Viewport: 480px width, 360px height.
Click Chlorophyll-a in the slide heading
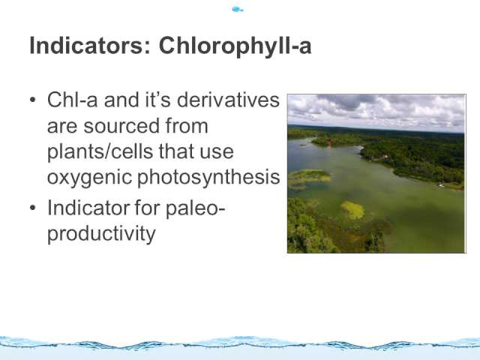coord(235,46)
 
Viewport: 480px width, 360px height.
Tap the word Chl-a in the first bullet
coord(72,100)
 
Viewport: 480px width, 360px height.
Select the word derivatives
coord(228,100)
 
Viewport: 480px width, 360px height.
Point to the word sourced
coord(121,126)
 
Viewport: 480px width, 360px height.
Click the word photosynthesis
coord(208,178)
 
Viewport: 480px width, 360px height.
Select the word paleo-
coord(195,208)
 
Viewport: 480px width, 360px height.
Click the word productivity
coord(101,234)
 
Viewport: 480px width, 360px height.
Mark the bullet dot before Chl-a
coord(33,100)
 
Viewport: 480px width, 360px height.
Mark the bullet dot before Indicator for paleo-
coord(33,208)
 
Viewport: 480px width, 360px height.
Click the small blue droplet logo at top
coord(238,9)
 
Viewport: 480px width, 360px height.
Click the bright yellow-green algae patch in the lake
coord(353,210)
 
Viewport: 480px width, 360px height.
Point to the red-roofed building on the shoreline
coord(329,142)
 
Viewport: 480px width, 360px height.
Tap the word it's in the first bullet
coord(157,100)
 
